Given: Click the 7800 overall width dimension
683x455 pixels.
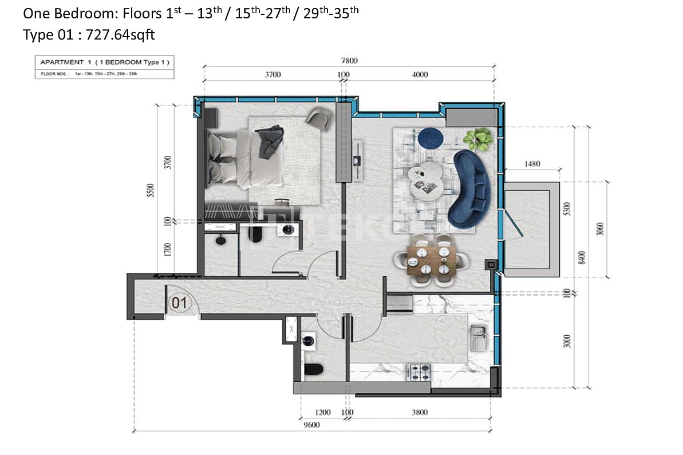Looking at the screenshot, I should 349,60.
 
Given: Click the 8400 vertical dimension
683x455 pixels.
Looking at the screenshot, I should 582,257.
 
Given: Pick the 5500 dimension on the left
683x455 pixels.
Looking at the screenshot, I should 151,189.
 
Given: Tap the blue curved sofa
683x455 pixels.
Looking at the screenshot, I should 471,189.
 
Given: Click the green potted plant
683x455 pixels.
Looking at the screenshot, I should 477,139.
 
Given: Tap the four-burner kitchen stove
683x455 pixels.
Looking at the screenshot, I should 419,372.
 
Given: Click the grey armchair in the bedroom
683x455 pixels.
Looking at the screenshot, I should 318,118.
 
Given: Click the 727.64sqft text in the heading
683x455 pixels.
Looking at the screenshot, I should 120,35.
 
